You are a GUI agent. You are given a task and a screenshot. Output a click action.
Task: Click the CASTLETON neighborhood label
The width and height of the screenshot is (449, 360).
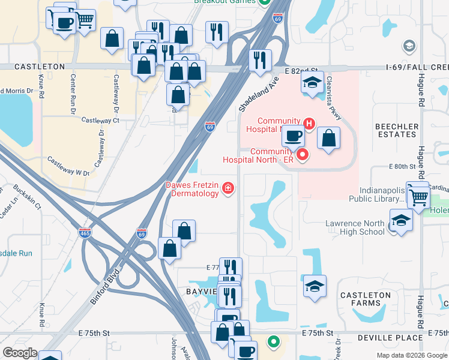point(39,67)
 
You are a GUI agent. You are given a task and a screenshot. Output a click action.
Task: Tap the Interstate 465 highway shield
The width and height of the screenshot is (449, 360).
point(85,233)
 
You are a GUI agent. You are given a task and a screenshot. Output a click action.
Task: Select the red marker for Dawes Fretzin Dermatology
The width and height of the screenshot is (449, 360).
point(228,189)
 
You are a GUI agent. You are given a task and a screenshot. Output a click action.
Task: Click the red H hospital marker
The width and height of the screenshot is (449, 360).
point(309,124)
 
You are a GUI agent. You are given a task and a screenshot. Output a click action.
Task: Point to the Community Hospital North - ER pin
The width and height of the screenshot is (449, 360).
point(303,155)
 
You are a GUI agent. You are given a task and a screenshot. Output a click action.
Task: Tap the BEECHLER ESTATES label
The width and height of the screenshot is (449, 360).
point(396,130)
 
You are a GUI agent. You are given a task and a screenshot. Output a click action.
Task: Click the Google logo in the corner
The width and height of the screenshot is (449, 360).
point(20,353)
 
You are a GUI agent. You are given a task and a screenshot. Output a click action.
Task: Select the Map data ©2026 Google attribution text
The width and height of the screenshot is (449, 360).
point(411,355)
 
